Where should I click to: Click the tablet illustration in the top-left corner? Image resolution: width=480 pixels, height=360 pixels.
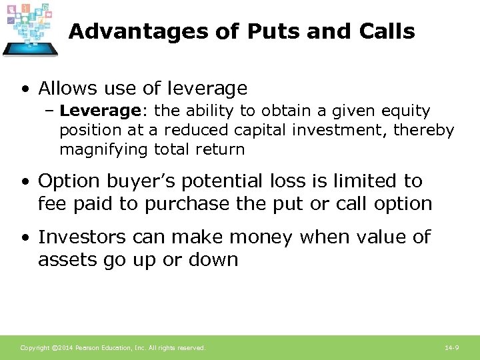31,30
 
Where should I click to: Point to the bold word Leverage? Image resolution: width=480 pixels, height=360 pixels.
97,111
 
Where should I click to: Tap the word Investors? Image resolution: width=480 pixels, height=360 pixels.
81,237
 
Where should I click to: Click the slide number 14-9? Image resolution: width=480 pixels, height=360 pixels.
451,348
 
